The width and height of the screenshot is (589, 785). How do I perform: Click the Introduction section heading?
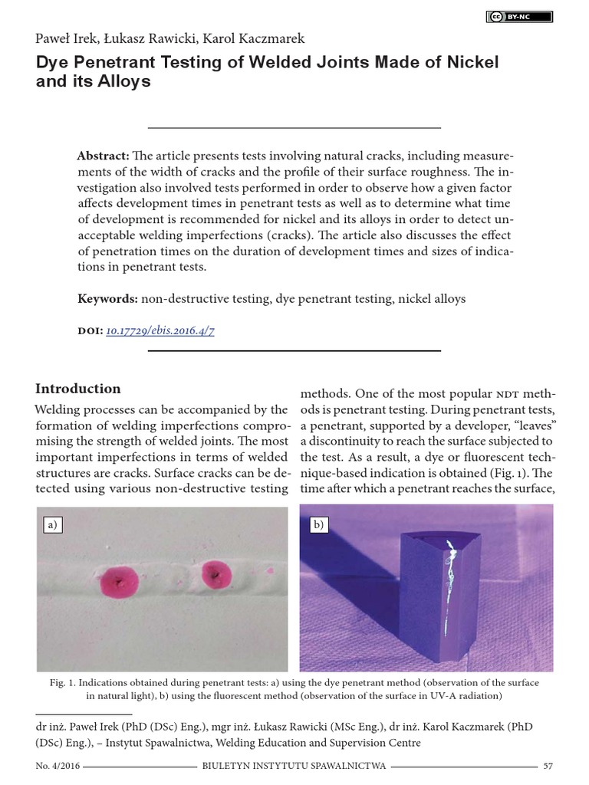click(79, 389)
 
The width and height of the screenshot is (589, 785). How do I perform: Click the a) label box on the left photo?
click(52, 525)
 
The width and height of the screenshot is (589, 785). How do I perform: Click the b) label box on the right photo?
click(317, 525)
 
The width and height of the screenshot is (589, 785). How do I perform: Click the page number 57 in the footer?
click(548, 766)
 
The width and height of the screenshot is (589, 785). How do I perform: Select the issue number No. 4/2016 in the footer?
click(58, 766)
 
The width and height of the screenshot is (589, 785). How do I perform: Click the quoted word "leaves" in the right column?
click(531, 425)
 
